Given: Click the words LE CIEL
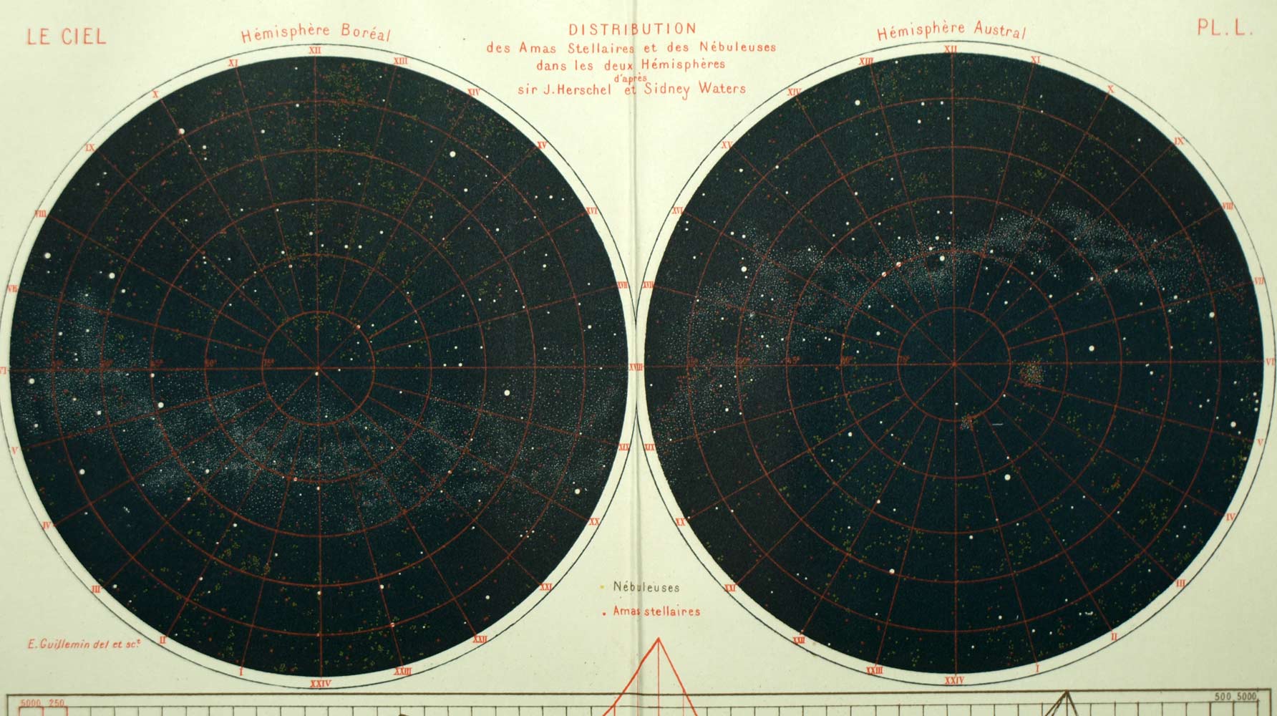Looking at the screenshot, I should [x=66, y=37].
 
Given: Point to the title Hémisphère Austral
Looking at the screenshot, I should [x=951, y=31].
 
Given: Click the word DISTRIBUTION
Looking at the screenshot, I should [x=631, y=30].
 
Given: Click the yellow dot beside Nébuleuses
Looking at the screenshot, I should [x=602, y=587].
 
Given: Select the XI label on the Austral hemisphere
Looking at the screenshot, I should [x=1035, y=60].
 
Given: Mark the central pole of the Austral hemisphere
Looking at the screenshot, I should [x=954, y=364].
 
